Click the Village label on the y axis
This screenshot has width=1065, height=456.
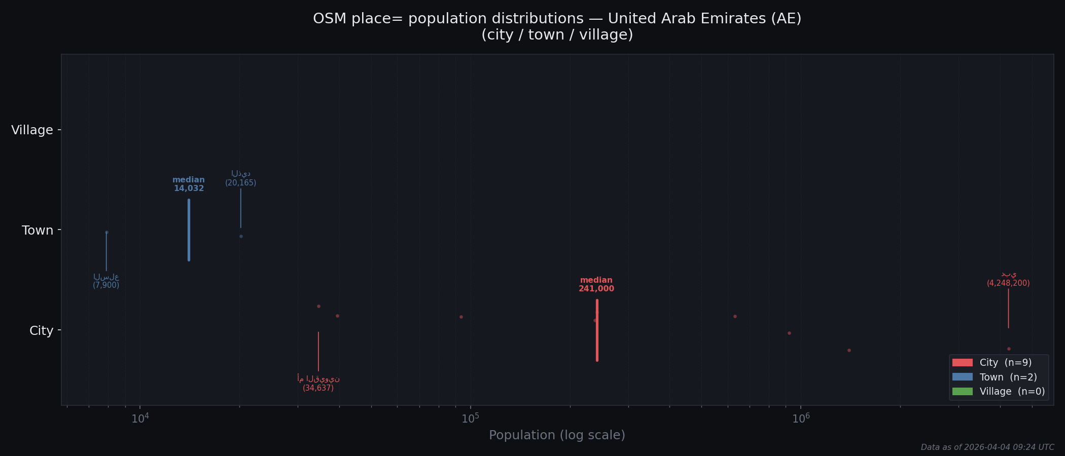32,130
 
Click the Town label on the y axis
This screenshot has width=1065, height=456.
38,231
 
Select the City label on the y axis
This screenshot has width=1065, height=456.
41,331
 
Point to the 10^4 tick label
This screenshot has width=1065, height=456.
140,418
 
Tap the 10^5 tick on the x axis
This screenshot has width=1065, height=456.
471,418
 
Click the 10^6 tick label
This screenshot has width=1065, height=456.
801,418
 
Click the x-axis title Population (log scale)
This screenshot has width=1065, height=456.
557,435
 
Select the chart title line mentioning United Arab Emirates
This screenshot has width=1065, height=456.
557,19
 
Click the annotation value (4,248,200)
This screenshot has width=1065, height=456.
1008,283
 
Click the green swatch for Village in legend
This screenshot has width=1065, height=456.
962,392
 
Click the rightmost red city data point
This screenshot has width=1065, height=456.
1009,349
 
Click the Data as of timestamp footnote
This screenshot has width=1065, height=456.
987,447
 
